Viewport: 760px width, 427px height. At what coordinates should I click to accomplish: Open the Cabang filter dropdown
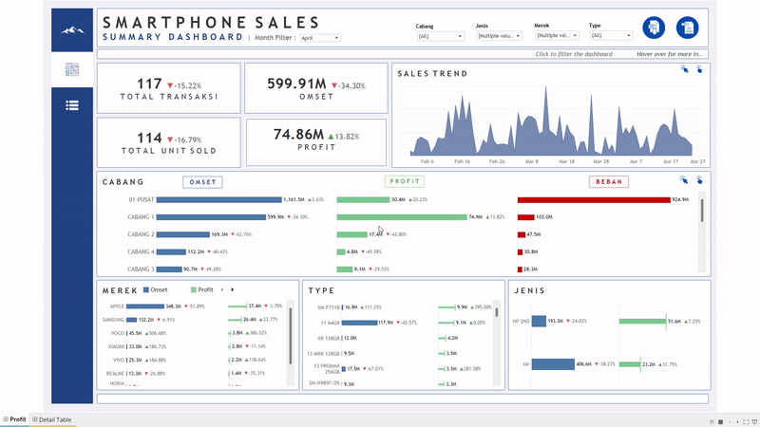pyautogui.click(x=440, y=36)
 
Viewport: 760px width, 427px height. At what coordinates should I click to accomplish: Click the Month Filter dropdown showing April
pyautogui.click(x=319, y=38)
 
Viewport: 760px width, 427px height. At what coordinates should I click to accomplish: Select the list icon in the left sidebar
pyautogui.click(x=72, y=105)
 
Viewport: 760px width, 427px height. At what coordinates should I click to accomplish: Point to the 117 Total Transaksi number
pyautogui.click(x=149, y=84)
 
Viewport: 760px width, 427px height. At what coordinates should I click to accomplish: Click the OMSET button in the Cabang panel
pyautogui.click(x=202, y=181)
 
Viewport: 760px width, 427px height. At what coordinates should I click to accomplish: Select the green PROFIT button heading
pyautogui.click(x=405, y=181)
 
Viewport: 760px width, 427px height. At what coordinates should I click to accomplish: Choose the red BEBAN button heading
pyautogui.click(x=608, y=181)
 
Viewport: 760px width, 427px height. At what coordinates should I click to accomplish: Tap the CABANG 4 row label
pyautogui.click(x=141, y=251)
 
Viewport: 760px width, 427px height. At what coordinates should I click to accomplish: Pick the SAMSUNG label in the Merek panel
pyautogui.click(x=113, y=320)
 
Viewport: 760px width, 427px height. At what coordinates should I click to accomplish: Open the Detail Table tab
pyautogui.click(x=52, y=419)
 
